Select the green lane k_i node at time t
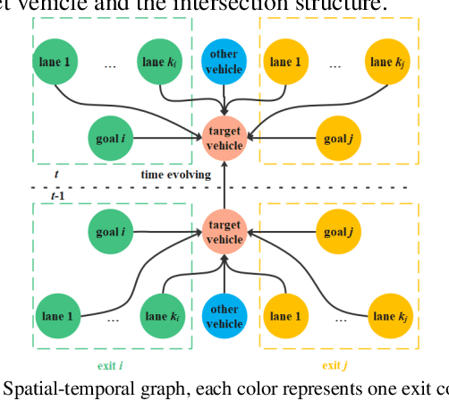[163, 61]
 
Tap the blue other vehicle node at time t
[224, 61]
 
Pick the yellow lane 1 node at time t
[287, 61]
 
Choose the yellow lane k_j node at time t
[390, 61]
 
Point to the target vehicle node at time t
[224, 138]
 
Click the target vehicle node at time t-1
[224, 233]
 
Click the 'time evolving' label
[175, 175]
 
